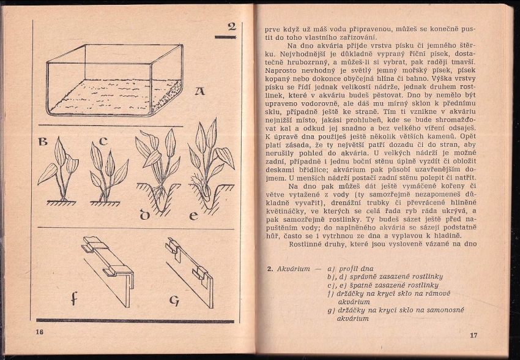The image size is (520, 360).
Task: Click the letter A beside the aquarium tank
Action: pyautogui.click(x=199, y=92)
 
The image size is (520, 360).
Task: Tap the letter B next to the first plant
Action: pyautogui.click(x=43, y=142)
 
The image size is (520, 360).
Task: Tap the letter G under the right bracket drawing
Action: pyautogui.click(x=174, y=301)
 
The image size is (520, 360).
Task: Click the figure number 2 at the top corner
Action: pyautogui.click(x=231, y=26)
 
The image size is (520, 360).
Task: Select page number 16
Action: pyautogui.click(x=40, y=331)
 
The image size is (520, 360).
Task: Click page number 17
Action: pyautogui.click(x=473, y=335)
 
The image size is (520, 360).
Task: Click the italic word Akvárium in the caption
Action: pyautogui.click(x=294, y=269)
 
